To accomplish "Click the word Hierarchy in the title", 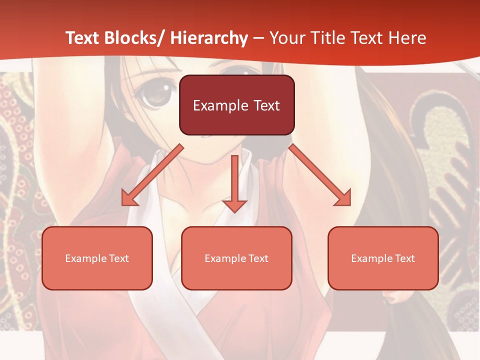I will tap(208, 38).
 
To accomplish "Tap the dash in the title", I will tap(258, 38).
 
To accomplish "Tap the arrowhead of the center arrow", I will tap(235, 205).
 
